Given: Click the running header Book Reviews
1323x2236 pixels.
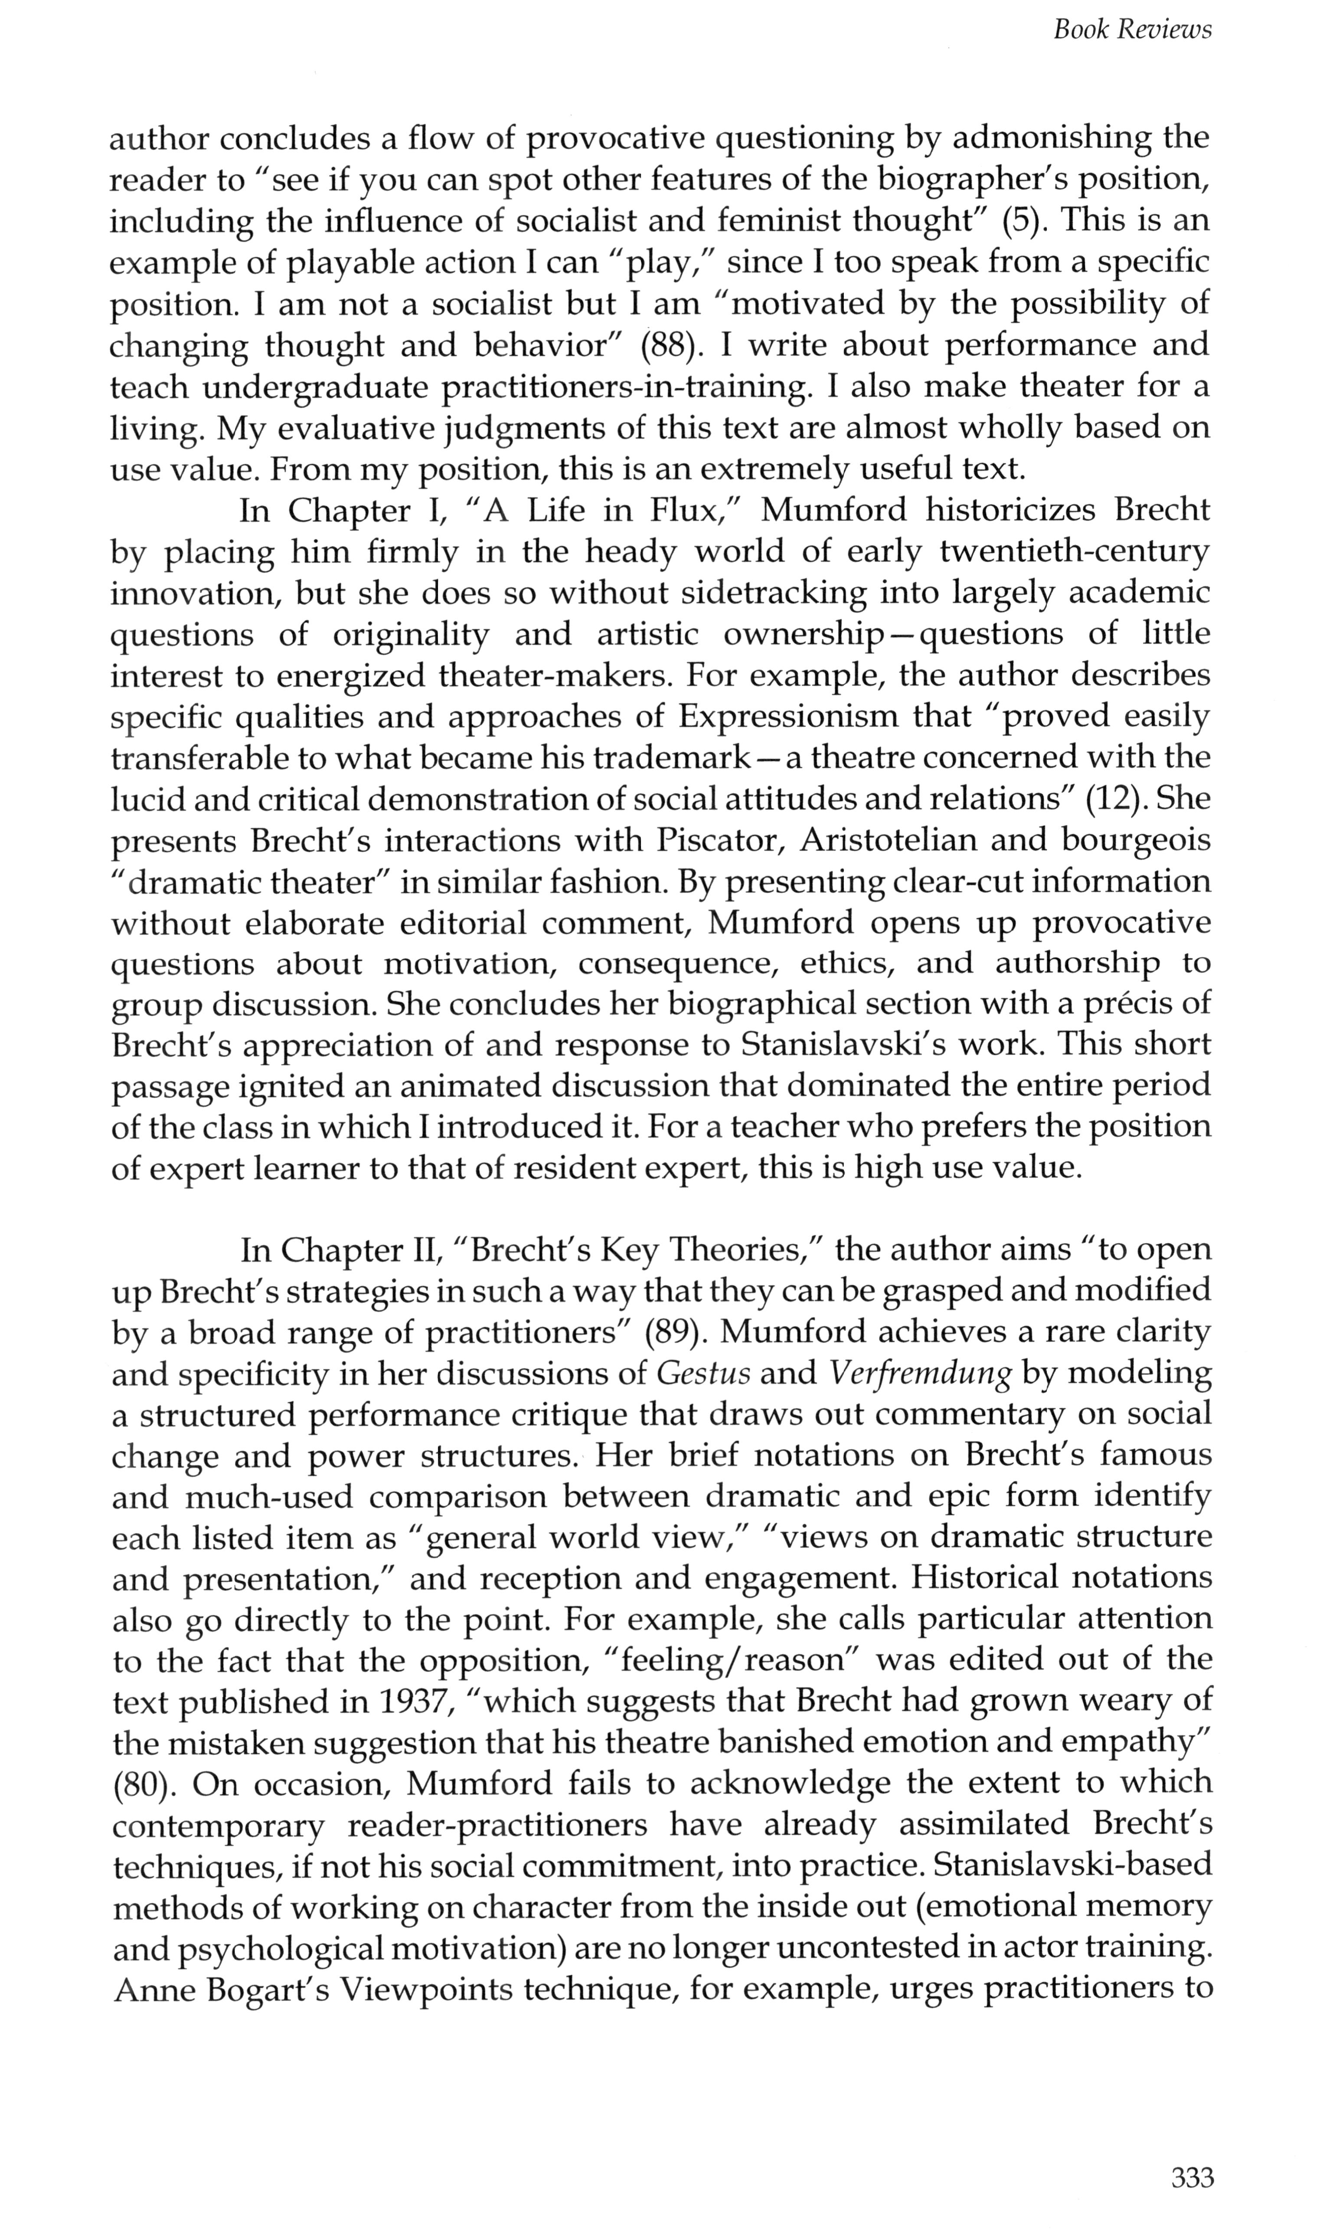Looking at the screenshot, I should click(1132, 30).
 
